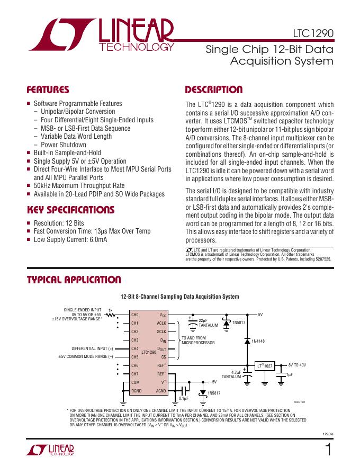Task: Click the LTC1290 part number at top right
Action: click(313, 32)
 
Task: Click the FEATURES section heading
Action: click(48, 89)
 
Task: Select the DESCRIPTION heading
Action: click(214, 89)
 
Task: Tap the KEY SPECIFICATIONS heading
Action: click(70, 210)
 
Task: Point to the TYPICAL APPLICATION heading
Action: click(74, 280)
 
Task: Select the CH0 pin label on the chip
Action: click(134, 315)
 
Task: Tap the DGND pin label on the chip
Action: click(136, 391)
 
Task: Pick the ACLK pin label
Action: click(161, 323)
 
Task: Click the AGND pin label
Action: click(161, 391)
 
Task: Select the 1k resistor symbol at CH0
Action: click(111, 315)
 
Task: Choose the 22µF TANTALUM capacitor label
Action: click(208, 323)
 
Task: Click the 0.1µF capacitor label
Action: click(184, 398)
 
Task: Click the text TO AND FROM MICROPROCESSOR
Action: click(198, 340)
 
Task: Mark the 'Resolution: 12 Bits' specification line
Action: click(59, 223)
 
